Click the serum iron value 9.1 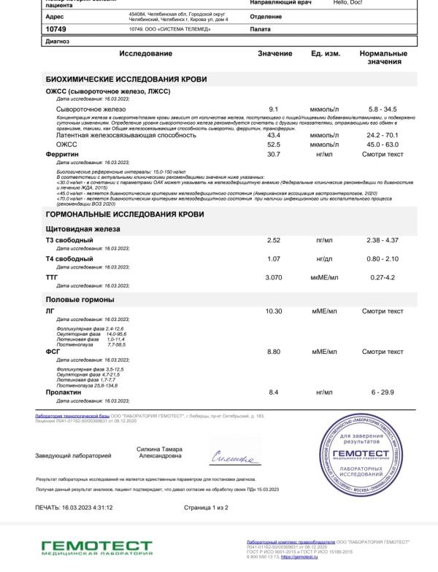click(x=274, y=109)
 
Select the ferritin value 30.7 click(x=274, y=154)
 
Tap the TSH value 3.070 click(x=274, y=277)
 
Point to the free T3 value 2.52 click(x=274, y=240)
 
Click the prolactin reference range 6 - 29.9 click(x=382, y=393)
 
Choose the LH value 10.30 click(x=274, y=311)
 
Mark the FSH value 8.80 click(x=274, y=352)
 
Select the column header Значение click(x=274, y=54)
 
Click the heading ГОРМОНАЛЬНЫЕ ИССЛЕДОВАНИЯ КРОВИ click(x=125, y=214)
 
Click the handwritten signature click(x=233, y=458)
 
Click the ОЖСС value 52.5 click(x=274, y=144)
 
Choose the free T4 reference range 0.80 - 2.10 click(x=382, y=258)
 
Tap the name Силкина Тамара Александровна click(x=160, y=452)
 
